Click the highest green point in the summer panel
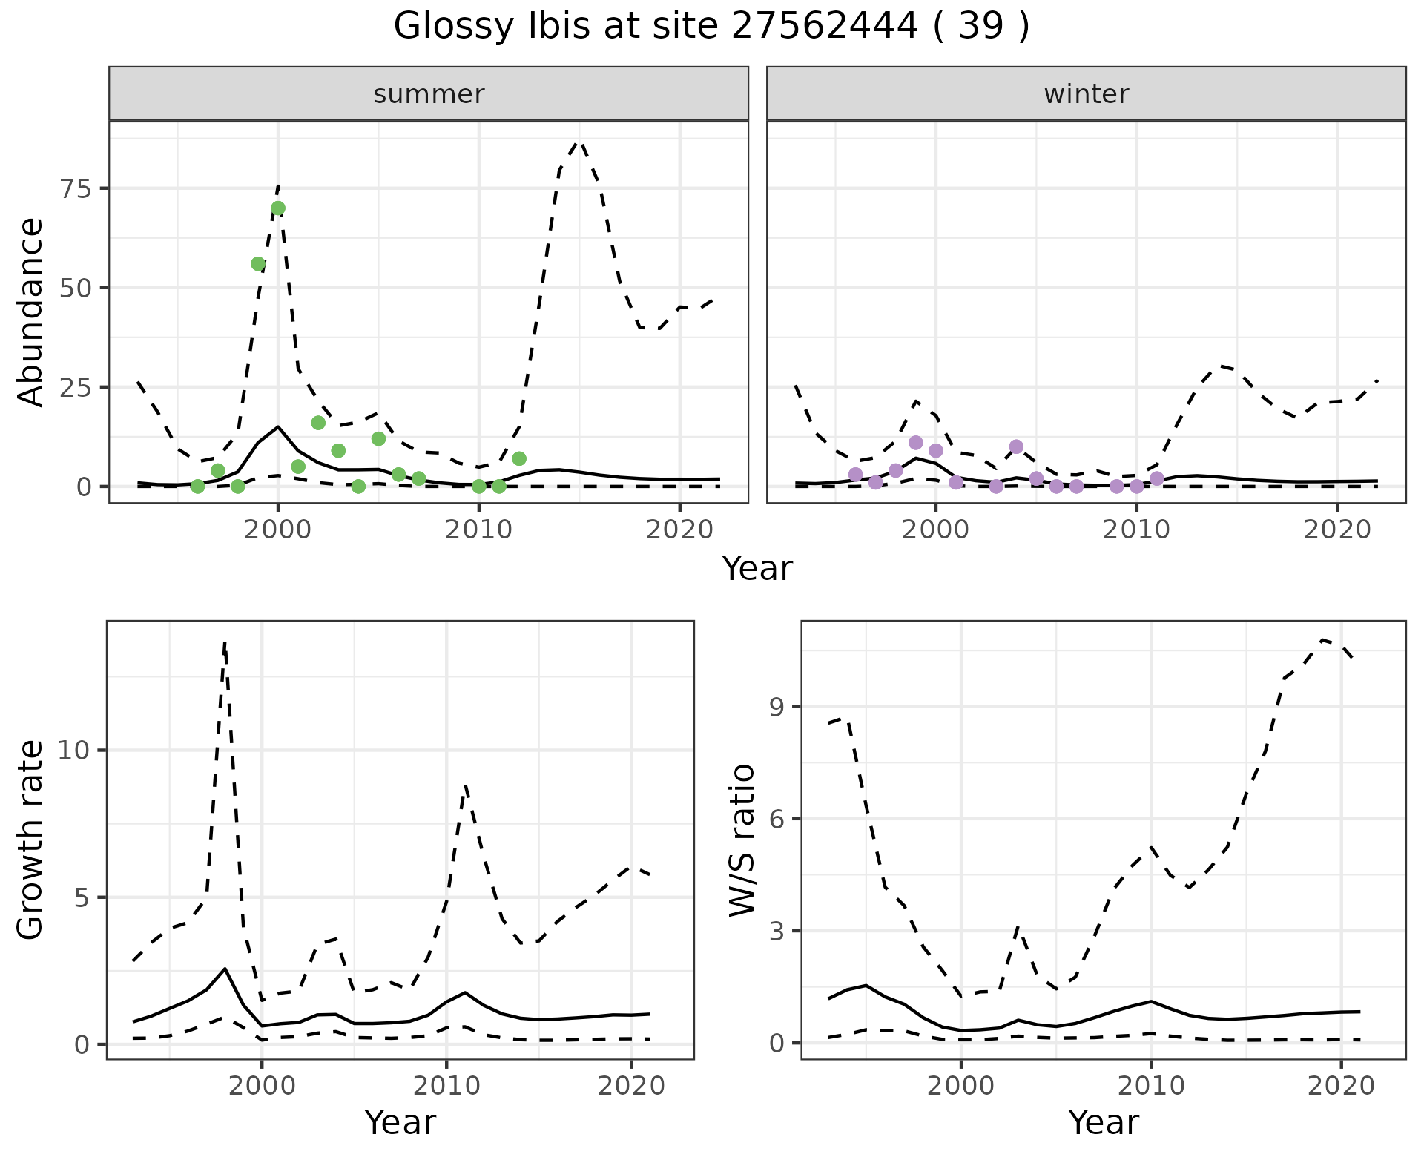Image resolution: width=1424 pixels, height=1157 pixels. pos(278,208)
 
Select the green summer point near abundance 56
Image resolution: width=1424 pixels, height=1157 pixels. pos(258,264)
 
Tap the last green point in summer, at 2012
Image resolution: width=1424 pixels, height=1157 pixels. pos(519,458)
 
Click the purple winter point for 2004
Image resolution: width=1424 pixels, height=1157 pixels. pos(1016,446)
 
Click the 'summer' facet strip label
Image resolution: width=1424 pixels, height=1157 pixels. pos(429,94)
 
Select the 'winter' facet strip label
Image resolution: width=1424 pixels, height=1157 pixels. pos(1086,94)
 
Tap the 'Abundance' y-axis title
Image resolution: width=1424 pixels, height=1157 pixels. pos(31,311)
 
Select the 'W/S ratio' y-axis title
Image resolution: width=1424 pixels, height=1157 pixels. pos(742,840)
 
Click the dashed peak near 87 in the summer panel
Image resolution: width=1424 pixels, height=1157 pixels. pos(579,141)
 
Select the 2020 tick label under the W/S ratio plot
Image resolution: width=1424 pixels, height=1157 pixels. pos(1341,1086)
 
